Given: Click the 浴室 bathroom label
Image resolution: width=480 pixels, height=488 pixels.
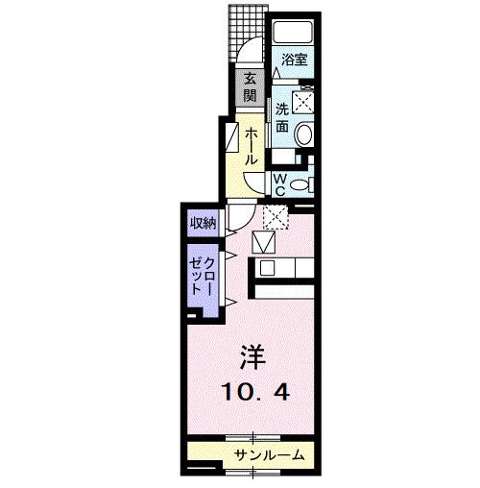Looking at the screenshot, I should click(294, 60).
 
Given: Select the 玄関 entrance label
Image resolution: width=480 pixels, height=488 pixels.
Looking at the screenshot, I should click(250, 88).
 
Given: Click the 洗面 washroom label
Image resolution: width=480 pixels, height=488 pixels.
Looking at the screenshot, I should click(282, 116).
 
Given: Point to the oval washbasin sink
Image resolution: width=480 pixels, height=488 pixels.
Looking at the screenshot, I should click(304, 135).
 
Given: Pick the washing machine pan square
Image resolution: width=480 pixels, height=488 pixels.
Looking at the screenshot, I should click(305, 99).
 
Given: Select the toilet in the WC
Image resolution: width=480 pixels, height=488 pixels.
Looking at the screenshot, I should click(300, 183).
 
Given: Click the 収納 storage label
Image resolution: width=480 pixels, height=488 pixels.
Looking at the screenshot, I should click(202, 224).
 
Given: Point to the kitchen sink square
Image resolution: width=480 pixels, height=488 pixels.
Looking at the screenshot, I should click(267, 268).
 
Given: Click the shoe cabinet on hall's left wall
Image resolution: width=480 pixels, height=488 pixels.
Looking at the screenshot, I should click(231, 138).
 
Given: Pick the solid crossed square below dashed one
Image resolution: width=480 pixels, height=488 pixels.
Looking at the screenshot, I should click(263, 243).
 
